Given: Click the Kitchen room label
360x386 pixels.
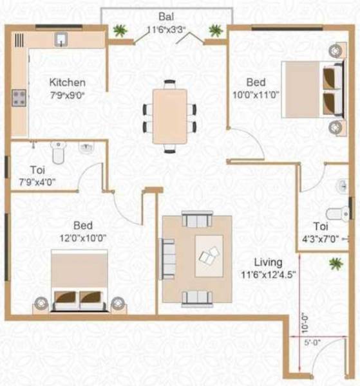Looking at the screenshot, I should tap(68, 82).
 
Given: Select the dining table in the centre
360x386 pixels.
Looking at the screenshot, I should tap(169, 116).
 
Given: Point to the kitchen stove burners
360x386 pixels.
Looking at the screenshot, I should tap(19, 98).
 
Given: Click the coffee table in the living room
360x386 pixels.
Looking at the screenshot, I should tap(209, 257).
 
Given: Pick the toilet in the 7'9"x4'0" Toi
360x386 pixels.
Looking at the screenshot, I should tap(57, 153).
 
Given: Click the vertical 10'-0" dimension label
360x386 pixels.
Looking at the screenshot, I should tap(303, 323).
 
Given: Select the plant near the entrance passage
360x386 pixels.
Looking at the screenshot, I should tap(335, 263).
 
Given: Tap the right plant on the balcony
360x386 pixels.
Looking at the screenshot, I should tap(215, 30).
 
